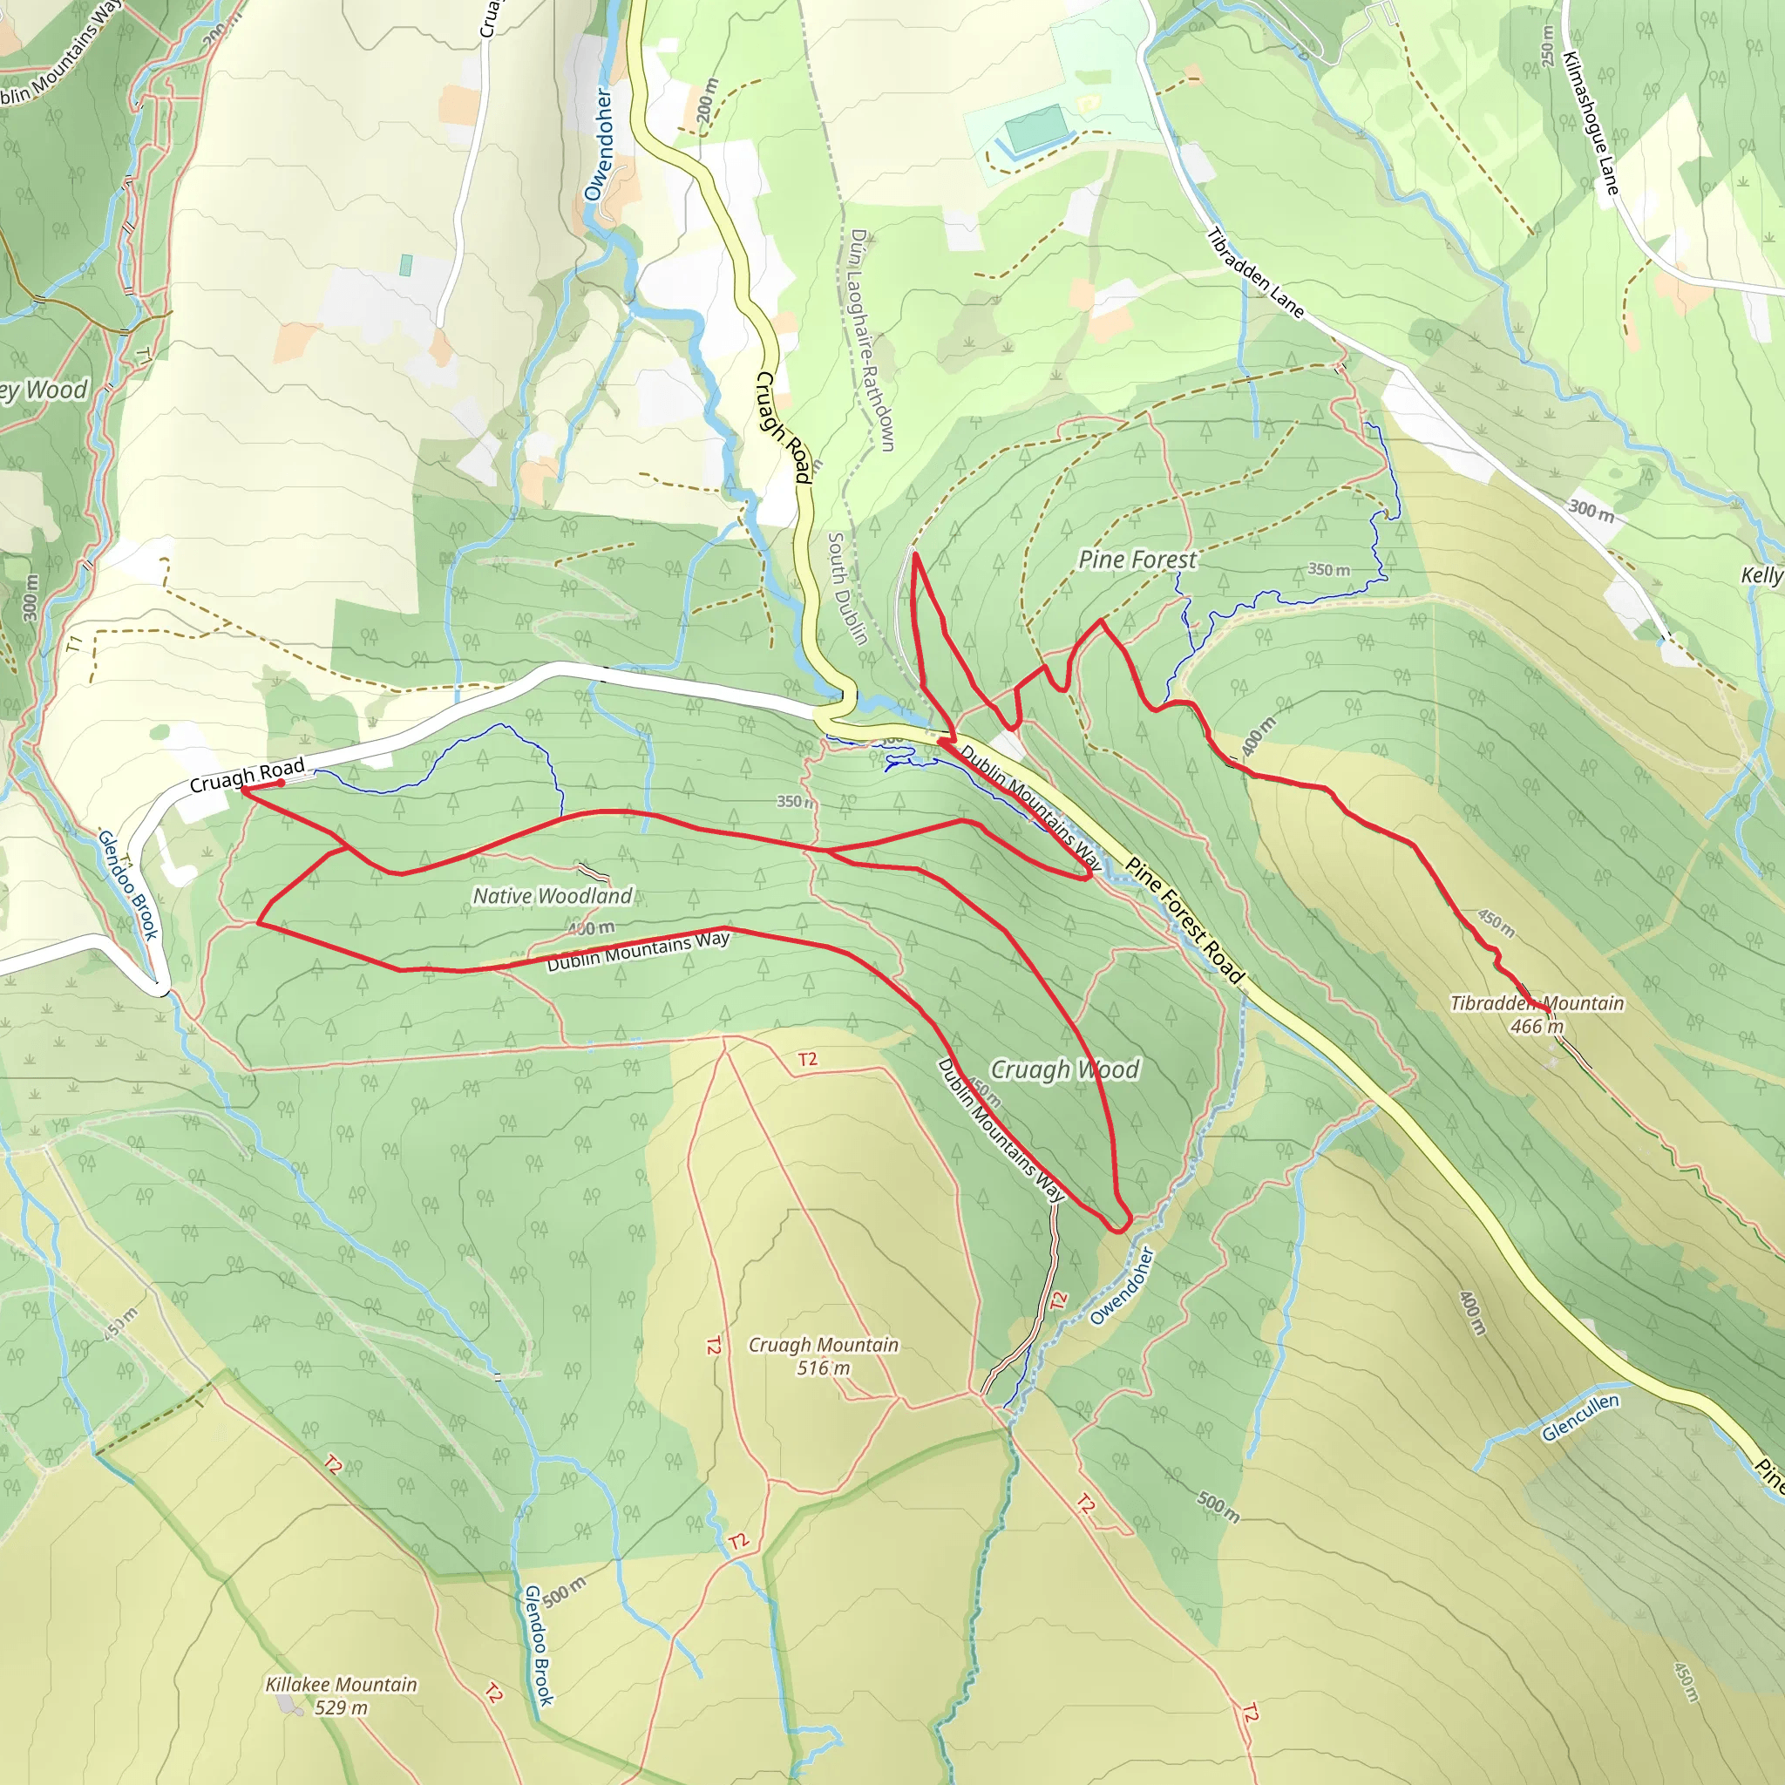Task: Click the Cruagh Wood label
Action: pyautogui.click(x=1064, y=1070)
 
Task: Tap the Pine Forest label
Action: pyautogui.click(x=1137, y=560)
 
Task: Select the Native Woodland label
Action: pyautogui.click(x=553, y=895)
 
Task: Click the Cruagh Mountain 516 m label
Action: pyautogui.click(x=823, y=1356)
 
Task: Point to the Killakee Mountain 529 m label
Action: pyautogui.click(x=341, y=1696)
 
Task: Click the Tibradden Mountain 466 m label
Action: pyautogui.click(x=1537, y=1015)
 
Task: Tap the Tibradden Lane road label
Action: pyautogui.click(x=1255, y=274)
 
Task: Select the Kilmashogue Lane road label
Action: pyautogui.click(x=1591, y=123)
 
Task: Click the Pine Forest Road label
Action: pyautogui.click(x=1185, y=920)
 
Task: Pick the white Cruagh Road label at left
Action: pyautogui.click(x=247, y=775)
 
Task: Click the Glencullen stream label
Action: pyautogui.click(x=1580, y=1418)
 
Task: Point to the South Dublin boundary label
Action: pyautogui.click(x=846, y=587)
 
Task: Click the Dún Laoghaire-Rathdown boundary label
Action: pyautogui.click(x=872, y=340)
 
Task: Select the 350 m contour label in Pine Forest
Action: pyautogui.click(x=1327, y=570)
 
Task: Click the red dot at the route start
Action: pyautogui.click(x=281, y=783)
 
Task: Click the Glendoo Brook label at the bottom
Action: pyautogui.click(x=539, y=1646)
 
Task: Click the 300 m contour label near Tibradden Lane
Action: pyautogui.click(x=1591, y=510)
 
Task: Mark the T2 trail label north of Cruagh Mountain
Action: pyautogui.click(x=807, y=1059)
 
